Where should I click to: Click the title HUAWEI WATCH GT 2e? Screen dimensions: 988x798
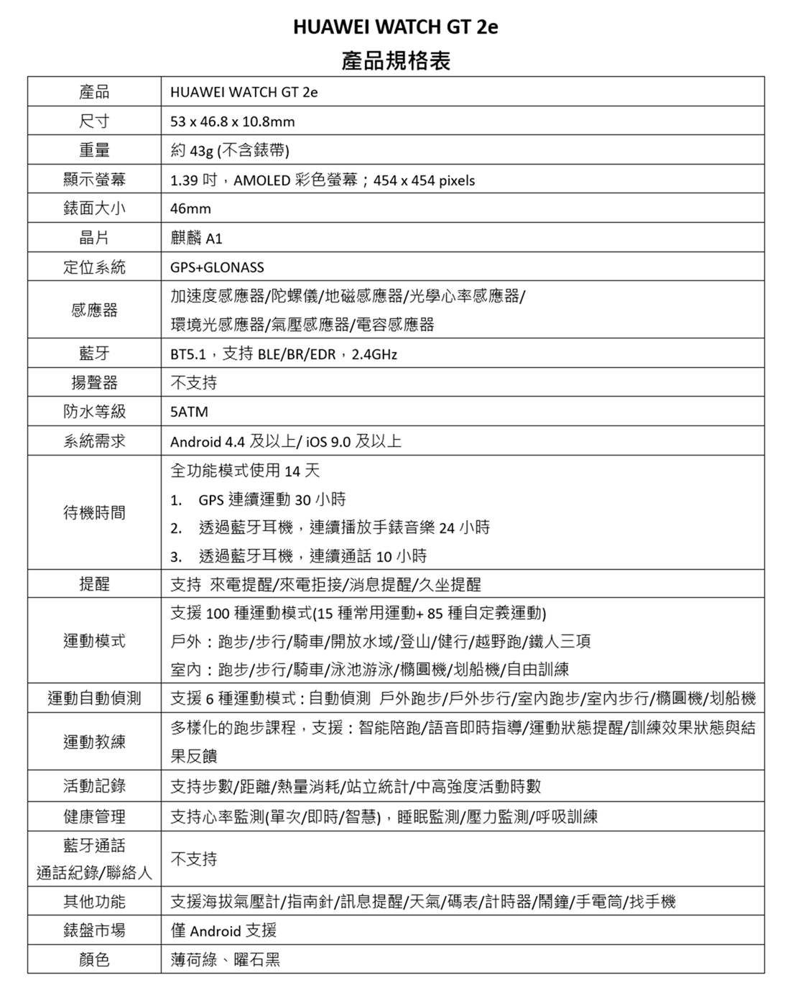[395, 27]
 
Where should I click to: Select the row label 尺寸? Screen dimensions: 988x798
[94, 121]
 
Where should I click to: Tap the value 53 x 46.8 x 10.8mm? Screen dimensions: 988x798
[232, 121]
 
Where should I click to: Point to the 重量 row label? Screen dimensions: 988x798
[94, 150]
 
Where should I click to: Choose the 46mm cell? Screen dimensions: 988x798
[190, 209]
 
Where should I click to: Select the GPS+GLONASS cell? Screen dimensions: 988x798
[217, 267]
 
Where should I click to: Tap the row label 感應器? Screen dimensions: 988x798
[94, 310]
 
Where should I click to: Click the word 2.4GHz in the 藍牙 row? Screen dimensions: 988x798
[375, 354]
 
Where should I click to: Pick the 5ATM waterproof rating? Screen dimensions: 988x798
[189, 412]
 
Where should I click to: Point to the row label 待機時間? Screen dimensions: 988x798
[94, 512]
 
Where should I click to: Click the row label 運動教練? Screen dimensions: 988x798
[94, 742]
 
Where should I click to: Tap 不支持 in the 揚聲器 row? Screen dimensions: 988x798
[193, 382]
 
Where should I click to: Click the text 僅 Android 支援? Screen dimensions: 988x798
[223, 931]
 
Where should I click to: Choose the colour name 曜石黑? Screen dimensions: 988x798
[257, 959]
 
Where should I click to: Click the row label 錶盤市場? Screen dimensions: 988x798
[94, 931]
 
